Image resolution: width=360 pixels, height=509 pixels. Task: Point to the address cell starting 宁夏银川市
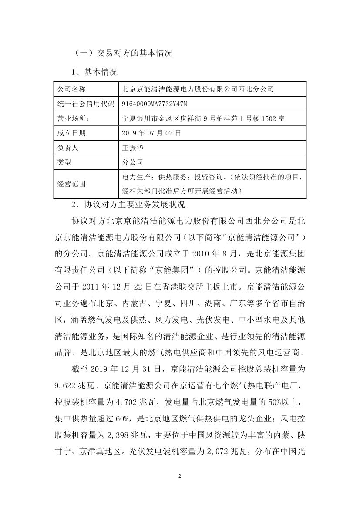click(x=204, y=118)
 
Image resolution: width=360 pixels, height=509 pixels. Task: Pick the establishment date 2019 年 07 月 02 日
click(x=151, y=133)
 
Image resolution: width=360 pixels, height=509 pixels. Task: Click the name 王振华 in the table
click(x=133, y=148)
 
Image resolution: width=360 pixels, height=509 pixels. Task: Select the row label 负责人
click(x=68, y=148)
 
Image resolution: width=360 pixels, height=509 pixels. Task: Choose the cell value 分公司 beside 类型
click(x=133, y=162)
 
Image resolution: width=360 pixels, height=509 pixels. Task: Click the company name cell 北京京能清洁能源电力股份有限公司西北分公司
click(x=198, y=89)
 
